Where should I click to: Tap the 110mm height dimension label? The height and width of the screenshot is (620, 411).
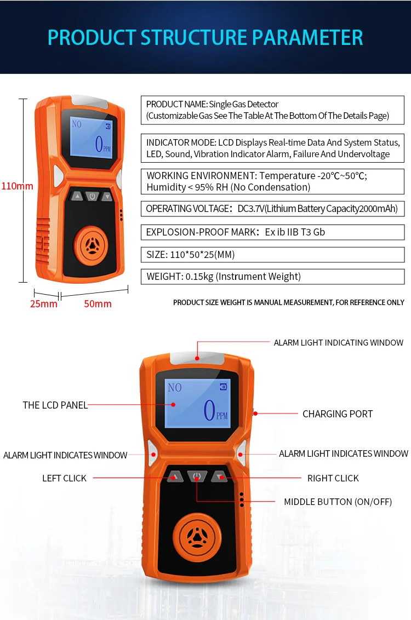pyautogui.click(x=17, y=186)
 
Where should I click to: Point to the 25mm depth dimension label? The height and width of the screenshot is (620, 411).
pyautogui.click(x=43, y=304)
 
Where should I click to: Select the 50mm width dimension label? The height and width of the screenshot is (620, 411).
pyautogui.click(x=98, y=304)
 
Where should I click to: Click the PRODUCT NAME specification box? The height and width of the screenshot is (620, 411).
pyautogui.click(x=272, y=110)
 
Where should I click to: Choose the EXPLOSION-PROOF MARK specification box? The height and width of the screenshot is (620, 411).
pyautogui.click(x=272, y=232)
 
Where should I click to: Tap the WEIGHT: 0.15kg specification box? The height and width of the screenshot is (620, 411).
pyautogui.click(x=272, y=277)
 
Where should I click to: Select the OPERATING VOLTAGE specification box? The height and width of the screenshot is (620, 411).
pyautogui.click(x=272, y=209)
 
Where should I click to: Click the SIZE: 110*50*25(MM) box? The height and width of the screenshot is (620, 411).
pyautogui.click(x=272, y=254)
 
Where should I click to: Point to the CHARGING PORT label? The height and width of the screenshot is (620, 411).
pyautogui.click(x=338, y=414)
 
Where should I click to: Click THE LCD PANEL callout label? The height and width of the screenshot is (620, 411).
pyautogui.click(x=55, y=405)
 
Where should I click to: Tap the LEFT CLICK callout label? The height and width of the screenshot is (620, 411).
pyautogui.click(x=64, y=478)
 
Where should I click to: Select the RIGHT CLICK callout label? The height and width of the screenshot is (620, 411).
pyautogui.click(x=333, y=478)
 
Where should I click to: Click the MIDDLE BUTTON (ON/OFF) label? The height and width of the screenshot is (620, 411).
pyautogui.click(x=338, y=502)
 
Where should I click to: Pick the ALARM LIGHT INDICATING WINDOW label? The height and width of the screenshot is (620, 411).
pyautogui.click(x=338, y=343)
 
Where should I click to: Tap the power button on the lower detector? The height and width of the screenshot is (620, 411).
pyautogui.click(x=197, y=476)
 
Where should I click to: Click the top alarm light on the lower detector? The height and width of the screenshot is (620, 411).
pyautogui.click(x=197, y=358)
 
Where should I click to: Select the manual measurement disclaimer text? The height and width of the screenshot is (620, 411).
pyautogui.click(x=288, y=302)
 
